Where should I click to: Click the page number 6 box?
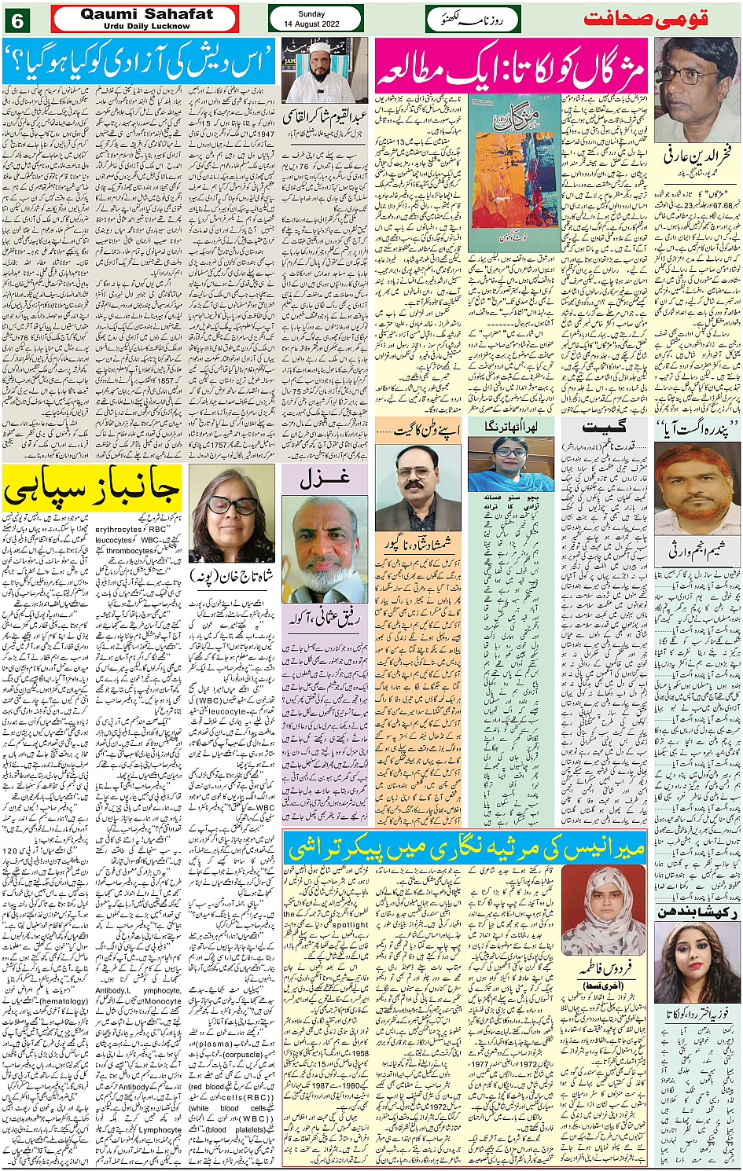tap(17, 20)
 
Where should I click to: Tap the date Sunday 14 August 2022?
tap(311, 19)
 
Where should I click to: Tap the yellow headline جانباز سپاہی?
tap(92, 487)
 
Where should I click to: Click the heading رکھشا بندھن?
tap(696, 912)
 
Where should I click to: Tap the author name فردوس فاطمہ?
tap(603, 970)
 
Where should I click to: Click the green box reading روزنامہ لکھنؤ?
tap(473, 19)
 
